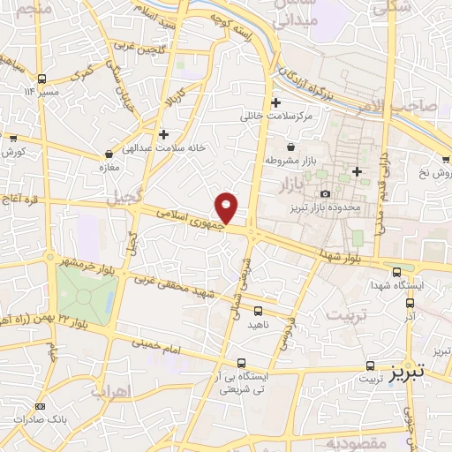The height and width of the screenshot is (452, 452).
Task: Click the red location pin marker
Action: [227, 207]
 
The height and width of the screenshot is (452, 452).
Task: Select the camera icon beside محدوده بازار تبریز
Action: [326, 193]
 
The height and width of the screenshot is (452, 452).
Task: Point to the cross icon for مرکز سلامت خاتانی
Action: [276, 102]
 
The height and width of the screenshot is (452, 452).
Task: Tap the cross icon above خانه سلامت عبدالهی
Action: [164, 133]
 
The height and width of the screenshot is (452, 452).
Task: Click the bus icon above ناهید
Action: [258, 311]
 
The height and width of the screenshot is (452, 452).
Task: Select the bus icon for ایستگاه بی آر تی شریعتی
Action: [242, 363]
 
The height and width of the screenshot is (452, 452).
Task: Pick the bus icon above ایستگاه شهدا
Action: [396, 272]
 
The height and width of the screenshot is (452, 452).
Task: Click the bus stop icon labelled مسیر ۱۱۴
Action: [40, 78]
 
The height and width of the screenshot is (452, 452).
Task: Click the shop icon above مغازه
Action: [108, 154]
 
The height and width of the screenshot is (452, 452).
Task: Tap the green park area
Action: [85, 290]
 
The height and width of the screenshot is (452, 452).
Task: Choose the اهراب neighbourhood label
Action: [111, 390]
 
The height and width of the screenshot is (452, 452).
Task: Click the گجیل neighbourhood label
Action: [124, 201]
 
